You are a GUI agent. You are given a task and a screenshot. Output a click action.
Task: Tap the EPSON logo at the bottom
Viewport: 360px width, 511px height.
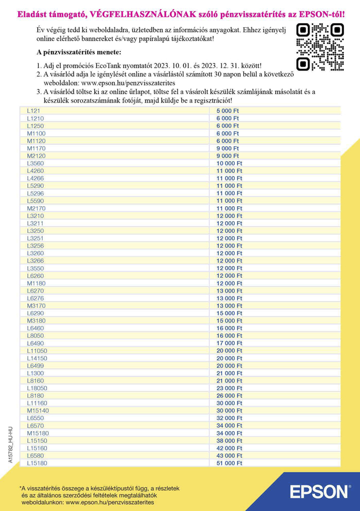320,492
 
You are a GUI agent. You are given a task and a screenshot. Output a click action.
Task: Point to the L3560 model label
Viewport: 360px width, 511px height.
35,163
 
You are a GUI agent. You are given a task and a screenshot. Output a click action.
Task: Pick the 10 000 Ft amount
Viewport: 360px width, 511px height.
229,163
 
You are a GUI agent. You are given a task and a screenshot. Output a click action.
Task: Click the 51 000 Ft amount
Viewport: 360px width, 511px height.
229,463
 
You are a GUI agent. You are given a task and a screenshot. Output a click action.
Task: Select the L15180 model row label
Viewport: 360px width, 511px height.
37,463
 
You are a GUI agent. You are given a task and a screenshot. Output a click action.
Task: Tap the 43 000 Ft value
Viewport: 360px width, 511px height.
229,455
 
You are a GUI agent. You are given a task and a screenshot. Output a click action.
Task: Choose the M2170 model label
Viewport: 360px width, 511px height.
36,208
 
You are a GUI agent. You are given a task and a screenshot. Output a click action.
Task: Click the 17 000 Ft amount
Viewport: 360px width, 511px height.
229,343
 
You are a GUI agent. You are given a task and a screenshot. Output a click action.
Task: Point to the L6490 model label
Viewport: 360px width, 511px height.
35,343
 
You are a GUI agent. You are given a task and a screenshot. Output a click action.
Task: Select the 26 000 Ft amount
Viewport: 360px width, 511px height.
229,396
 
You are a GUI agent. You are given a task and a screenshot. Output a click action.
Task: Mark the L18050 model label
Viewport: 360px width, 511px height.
37,388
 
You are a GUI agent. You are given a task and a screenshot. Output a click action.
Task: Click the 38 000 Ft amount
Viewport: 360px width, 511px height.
229,440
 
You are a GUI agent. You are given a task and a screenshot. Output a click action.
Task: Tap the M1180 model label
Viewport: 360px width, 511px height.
36,283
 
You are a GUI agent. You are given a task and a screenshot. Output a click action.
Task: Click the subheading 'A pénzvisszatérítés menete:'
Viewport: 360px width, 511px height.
78,52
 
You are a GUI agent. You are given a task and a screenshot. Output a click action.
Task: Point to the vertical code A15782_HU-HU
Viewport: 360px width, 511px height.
11,444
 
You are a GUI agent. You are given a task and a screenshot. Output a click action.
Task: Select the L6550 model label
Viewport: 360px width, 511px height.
35,418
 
